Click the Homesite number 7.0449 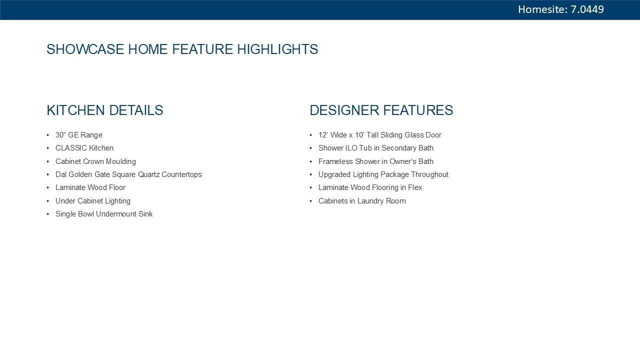pos(587,9)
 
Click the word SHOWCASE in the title pos(85,49)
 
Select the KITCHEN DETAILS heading pos(105,110)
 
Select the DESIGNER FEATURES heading pos(381,110)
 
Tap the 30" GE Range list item pos(79,135)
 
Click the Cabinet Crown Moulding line pos(95,161)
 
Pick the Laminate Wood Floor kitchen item pos(90,187)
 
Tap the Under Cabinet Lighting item pos(93,201)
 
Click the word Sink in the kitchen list pos(145,214)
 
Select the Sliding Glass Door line pos(380,135)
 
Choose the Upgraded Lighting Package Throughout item pos(383,174)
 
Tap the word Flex pos(415,187)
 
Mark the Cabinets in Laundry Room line pos(362,201)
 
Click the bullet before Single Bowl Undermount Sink pos(47,214)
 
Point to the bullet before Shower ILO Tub pos(311,148)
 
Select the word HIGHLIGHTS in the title pos(277,49)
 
